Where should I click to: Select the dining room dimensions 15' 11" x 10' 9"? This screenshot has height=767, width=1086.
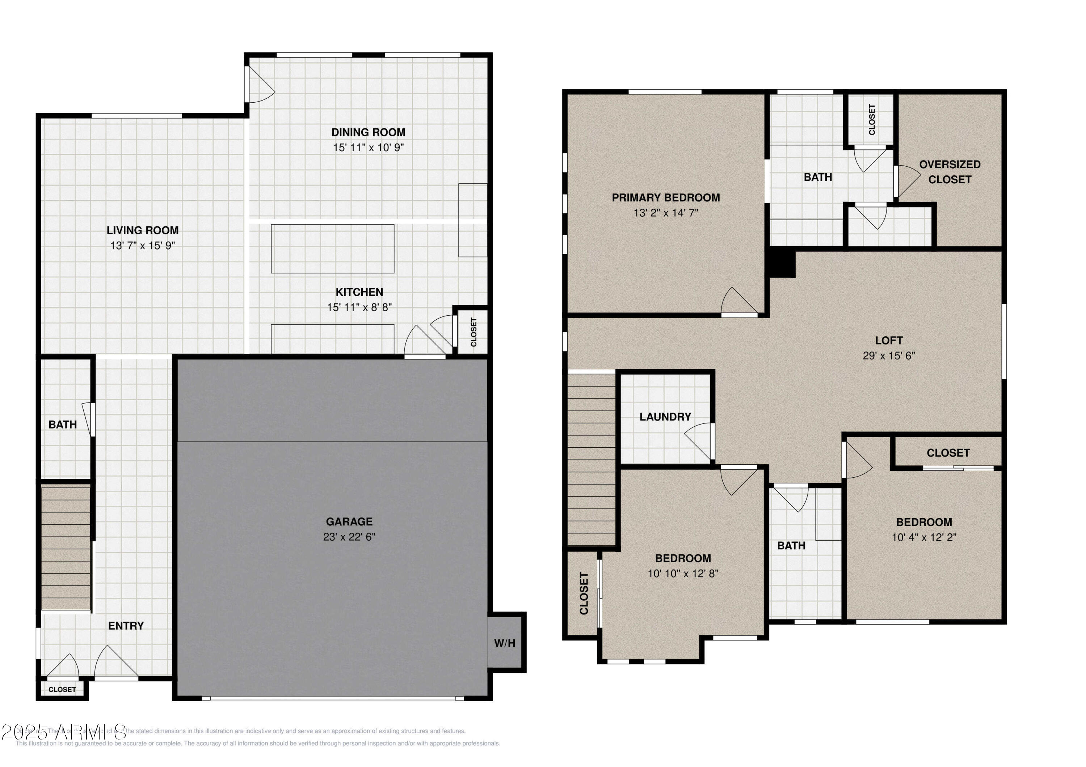coord(368,148)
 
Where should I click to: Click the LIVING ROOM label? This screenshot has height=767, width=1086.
coord(142,230)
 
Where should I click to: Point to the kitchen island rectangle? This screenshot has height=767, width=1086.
coord(333,248)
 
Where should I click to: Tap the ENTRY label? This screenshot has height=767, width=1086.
coord(126,626)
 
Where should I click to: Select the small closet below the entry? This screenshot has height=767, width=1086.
coord(62,690)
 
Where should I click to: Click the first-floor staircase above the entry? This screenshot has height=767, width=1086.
coord(66,548)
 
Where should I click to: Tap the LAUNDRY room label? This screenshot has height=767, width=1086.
coord(665,417)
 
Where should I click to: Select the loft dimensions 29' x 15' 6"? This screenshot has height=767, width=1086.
coord(889,356)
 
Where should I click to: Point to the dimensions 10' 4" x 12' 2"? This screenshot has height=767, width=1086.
coord(924,537)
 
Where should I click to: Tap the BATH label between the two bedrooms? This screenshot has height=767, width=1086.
coord(791,546)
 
